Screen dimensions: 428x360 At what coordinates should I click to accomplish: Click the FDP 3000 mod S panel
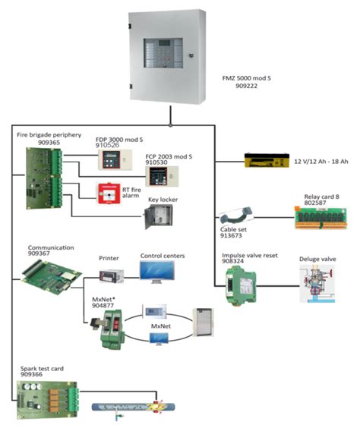pyautogui.click(x=114, y=160)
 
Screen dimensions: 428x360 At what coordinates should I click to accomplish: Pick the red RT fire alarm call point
pyautogui.click(x=106, y=194)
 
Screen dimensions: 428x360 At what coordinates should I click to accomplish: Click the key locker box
pyautogui.click(x=158, y=219)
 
